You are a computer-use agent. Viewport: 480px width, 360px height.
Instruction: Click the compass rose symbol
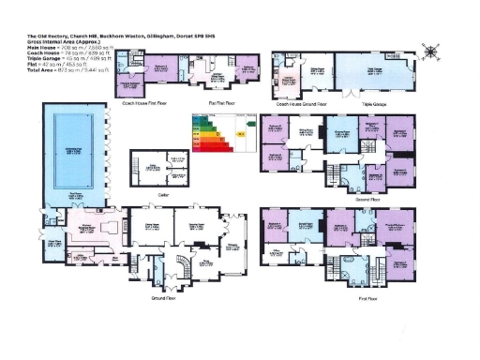point(430,52)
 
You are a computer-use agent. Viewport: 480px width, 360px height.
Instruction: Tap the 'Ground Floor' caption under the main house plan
point(165,297)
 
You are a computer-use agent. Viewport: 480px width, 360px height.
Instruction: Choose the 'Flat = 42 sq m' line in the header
point(52,66)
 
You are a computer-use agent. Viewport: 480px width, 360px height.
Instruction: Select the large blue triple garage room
point(374,71)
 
